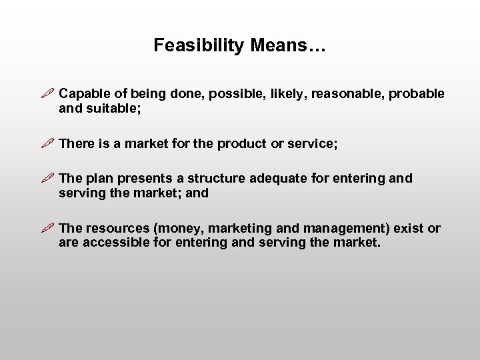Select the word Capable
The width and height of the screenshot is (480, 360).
(x=82, y=94)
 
